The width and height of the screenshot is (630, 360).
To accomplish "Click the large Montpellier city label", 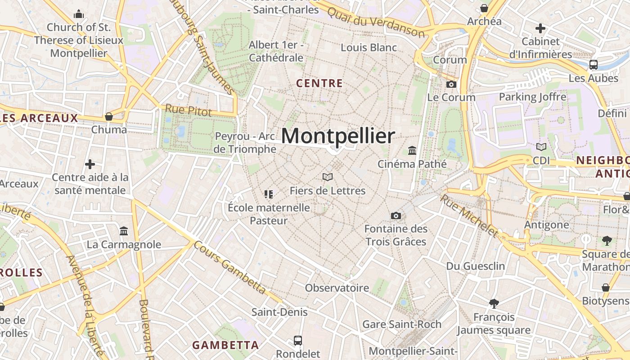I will (x=338, y=136).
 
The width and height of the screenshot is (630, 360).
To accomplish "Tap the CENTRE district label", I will (x=319, y=83).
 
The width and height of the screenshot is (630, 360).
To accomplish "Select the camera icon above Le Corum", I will (x=451, y=84).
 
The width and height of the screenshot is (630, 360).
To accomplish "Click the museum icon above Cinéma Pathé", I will (x=412, y=150).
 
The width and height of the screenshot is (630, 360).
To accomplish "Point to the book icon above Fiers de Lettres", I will (x=328, y=177).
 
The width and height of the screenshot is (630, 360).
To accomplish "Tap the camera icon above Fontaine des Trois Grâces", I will (x=396, y=216).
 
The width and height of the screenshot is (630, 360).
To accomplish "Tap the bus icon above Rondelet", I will (x=298, y=340).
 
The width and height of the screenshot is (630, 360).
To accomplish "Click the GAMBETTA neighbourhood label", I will (x=225, y=345).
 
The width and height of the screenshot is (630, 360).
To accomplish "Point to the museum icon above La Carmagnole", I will (x=124, y=231).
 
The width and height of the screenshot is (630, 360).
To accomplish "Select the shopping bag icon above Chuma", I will (x=109, y=117).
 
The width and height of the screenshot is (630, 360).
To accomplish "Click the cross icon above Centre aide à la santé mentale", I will (x=90, y=164).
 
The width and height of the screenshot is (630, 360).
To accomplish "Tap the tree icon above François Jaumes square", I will (x=494, y=304).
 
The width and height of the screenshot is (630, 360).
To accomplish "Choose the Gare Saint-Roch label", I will (x=402, y=324).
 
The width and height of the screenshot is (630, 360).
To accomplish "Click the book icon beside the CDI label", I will (x=541, y=147).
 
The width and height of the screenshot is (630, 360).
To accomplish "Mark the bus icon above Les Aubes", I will (x=594, y=64).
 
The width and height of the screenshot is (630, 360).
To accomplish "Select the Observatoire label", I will (x=337, y=288).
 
